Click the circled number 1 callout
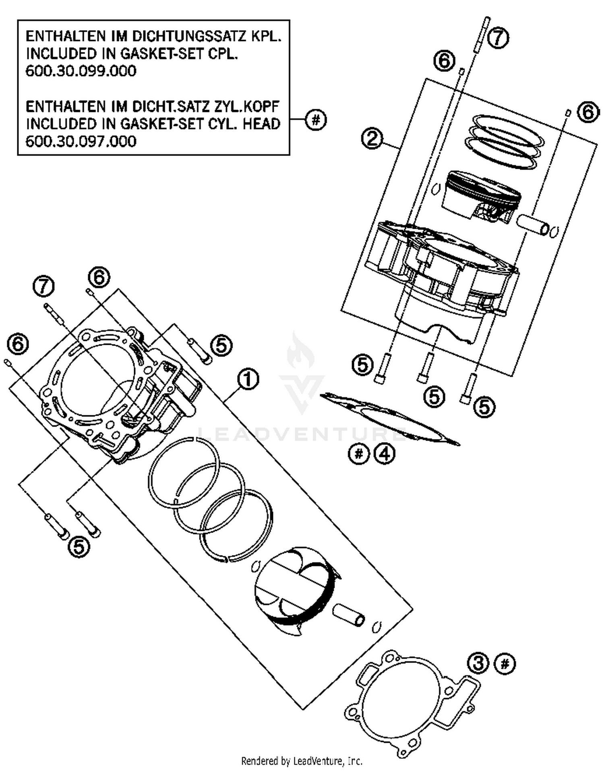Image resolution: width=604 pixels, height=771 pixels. [248, 380]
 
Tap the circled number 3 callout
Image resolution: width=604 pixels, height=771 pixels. [478, 663]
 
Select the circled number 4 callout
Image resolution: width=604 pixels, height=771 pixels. [385, 454]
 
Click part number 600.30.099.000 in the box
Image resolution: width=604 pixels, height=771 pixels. [81, 71]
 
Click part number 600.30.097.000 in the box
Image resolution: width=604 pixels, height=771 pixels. [81, 141]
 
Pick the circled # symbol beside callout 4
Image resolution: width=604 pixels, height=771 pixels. [358, 454]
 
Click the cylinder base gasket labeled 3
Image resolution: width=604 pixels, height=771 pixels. [411, 705]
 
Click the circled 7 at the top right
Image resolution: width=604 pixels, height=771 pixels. [498, 38]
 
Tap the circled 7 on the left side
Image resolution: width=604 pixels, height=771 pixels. [43, 286]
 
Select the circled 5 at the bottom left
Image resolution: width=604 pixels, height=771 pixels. [79, 547]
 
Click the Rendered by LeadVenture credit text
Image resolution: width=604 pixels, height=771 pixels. [302, 761]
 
